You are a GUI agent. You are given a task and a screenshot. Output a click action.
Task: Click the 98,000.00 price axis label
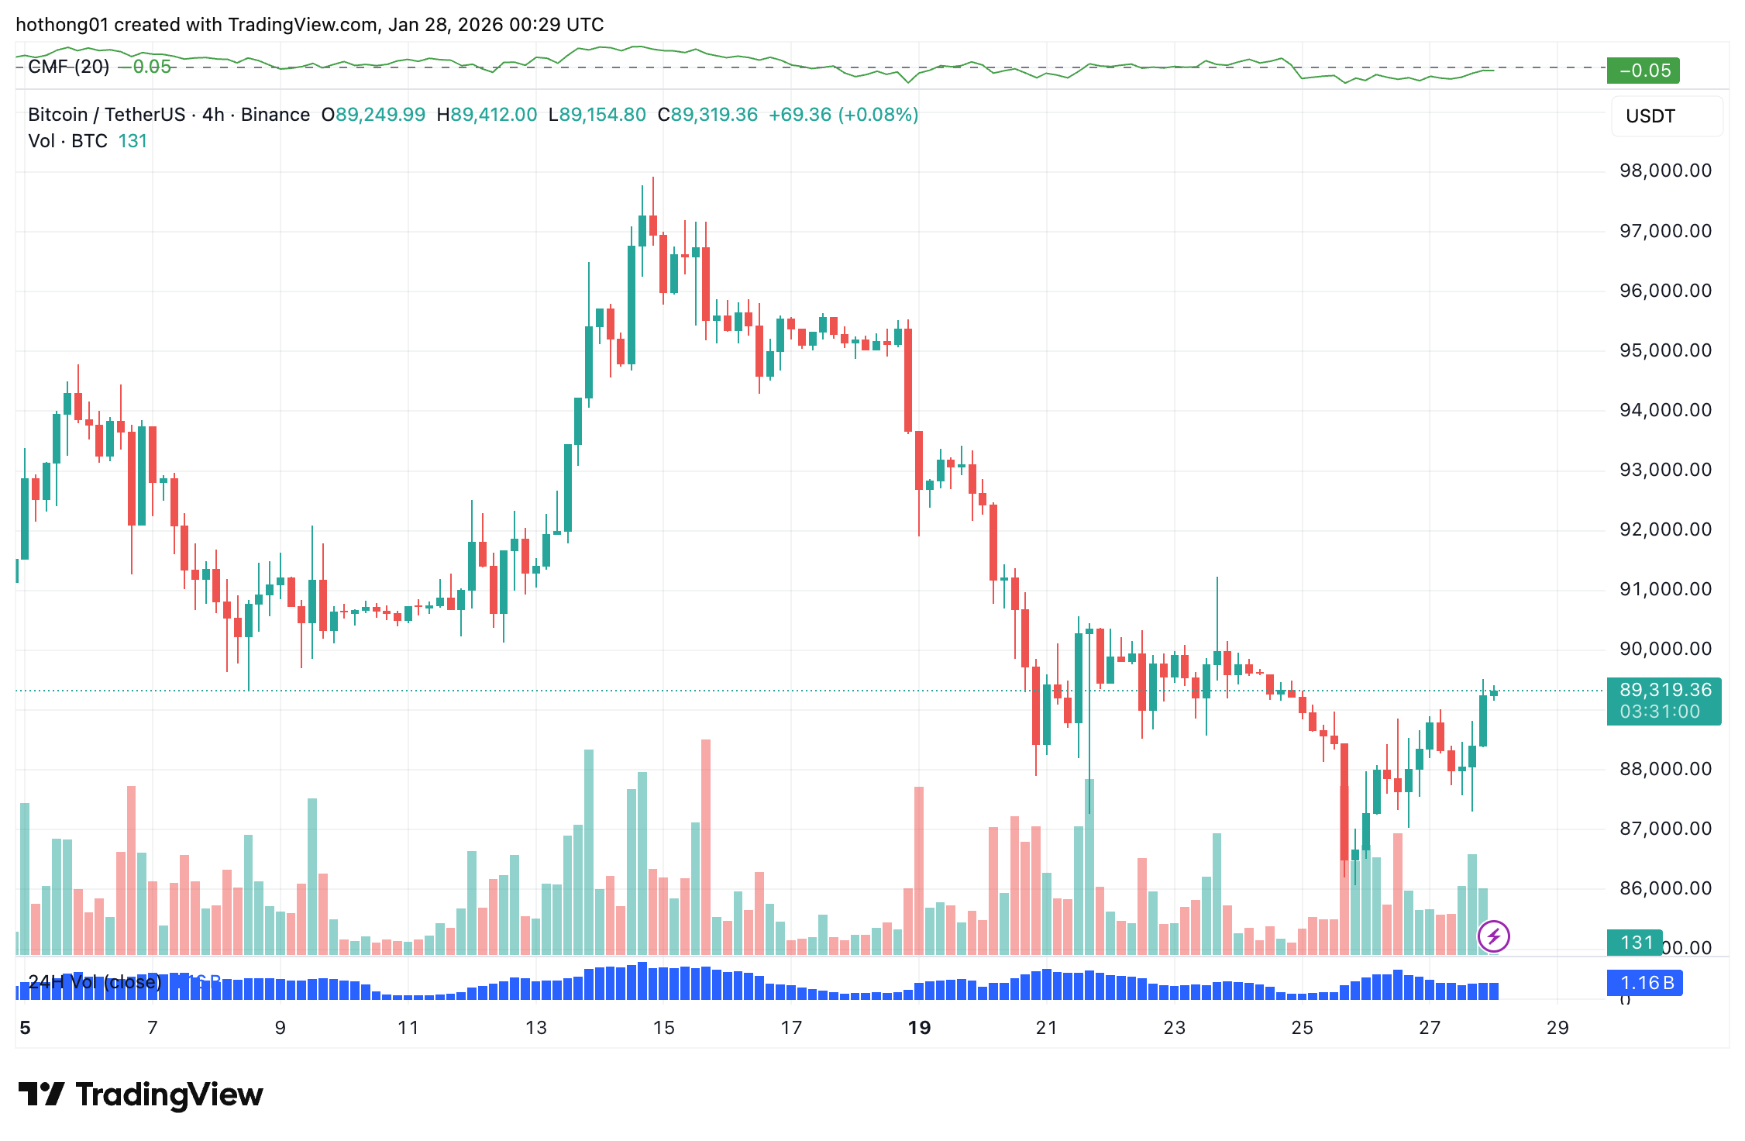click(x=1665, y=171)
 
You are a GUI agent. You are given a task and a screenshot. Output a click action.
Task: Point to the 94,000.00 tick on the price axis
click(x=1665, y=410)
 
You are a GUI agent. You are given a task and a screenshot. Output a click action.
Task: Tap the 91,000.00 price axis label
click(x=1665, y=589)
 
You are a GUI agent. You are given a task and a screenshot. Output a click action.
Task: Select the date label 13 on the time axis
click(x=535, y=1028)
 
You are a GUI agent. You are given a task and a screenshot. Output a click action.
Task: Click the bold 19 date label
click(x=919, y=1028)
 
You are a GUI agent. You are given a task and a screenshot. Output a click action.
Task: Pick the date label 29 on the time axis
click(x=1557, y=1028)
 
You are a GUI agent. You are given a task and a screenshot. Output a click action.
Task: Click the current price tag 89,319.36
click(x=1664, y=690)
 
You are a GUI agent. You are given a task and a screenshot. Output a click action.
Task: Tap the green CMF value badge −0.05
click(x=1643, y=71)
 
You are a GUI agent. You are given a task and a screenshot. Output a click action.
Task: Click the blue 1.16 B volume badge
click(x=1645, y=983)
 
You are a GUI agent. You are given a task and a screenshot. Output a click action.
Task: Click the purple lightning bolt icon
click(x=1493, y=936)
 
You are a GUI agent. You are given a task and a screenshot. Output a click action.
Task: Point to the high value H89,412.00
click(x=487, y=115)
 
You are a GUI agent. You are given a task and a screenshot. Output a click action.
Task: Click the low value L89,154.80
click(x=597, y=115)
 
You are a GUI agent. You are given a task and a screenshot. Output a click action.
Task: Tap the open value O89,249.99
click(x=373, y=115)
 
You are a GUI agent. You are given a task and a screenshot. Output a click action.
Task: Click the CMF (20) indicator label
click(x=68, y=67)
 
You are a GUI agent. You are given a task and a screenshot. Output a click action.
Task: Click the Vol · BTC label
click(x=67, y=141)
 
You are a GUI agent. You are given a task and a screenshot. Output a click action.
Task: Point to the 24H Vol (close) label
click(x=95, y=982)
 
